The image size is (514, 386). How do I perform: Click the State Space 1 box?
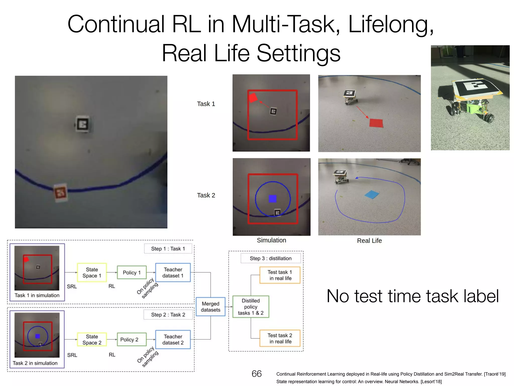point(92,273)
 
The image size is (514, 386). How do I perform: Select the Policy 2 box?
point(129,340)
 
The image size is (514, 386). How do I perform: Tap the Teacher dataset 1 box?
point(173,273)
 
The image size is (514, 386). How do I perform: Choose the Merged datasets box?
point(210,307)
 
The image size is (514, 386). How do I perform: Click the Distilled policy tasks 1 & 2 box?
point(251,307)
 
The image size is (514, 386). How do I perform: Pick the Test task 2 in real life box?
point(280,339)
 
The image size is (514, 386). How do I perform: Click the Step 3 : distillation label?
point(271,258)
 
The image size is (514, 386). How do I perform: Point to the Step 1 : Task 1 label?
point(168,249)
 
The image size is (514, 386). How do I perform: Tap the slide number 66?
point(256,374)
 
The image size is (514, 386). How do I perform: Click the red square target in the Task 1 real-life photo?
point(376,123)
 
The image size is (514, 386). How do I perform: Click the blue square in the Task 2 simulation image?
point(272,199)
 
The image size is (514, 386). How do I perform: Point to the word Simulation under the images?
point(271,240)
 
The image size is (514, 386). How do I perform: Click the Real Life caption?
point(369,241)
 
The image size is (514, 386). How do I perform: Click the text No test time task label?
point(413,296)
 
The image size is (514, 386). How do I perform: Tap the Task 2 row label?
point(206,195)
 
